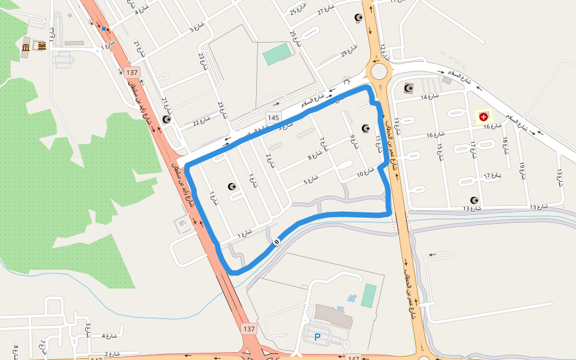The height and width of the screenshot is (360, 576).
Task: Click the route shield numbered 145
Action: [274, 118]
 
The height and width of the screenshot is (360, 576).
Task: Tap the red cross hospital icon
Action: [483, 116]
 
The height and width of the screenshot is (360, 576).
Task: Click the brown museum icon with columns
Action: [26, 47]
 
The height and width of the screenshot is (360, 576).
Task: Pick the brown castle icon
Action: [42, 46]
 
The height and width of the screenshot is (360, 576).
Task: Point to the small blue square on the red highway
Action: [104, 28]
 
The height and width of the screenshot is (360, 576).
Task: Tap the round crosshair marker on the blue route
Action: [277, 242]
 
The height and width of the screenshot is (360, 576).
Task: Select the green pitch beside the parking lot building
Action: [368, 295]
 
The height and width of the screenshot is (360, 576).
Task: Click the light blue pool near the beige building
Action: [351, 298]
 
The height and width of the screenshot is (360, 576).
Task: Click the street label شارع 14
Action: [430, 97]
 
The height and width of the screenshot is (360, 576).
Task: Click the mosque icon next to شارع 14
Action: [409, 88]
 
